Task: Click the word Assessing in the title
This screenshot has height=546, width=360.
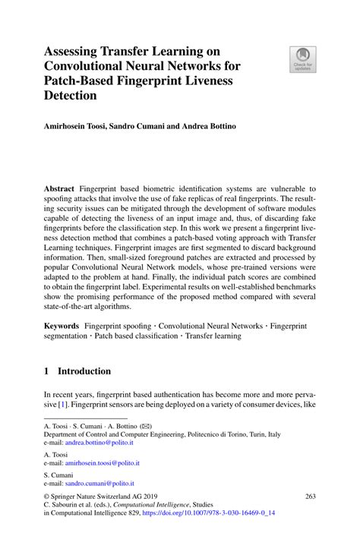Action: pos(76,52)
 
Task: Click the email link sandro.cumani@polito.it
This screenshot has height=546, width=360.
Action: pos(99,483)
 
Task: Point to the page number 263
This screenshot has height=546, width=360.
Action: pos(310,497)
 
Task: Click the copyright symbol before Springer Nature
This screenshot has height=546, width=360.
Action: pos(46,497)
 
